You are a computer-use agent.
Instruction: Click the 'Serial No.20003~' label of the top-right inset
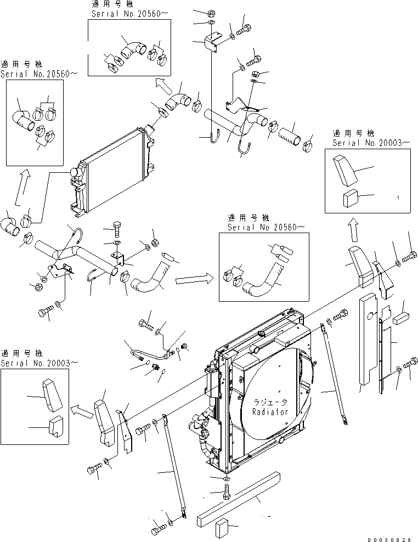(371, 143)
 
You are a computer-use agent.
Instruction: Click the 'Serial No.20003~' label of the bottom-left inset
(39, 363)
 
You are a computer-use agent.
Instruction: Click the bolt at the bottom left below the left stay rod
(157, 530)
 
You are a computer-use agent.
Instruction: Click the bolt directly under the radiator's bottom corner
(227, 492)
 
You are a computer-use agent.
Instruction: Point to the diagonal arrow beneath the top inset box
(162, 83)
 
